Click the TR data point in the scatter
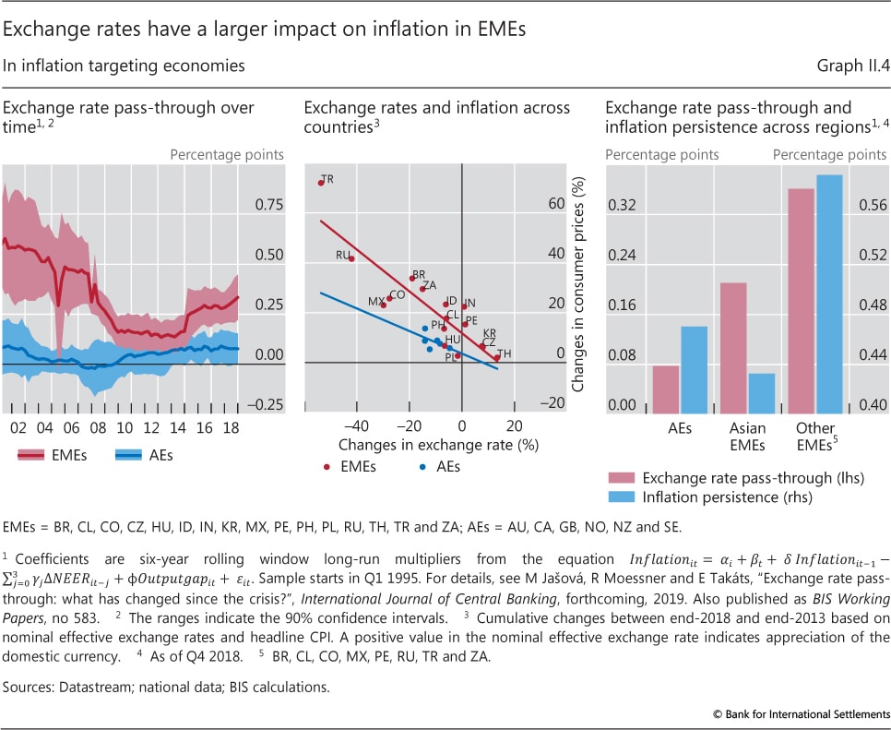(321, 183)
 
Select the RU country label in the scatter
(343, 254)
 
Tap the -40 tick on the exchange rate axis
(356, 427)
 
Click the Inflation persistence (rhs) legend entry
(718, 498)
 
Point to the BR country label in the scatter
(419, 274)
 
